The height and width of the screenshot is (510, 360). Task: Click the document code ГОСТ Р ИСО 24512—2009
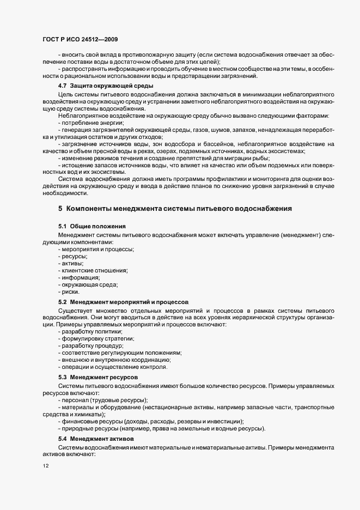tap(80, 39)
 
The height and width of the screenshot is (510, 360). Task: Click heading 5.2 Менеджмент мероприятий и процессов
tap(123, 301)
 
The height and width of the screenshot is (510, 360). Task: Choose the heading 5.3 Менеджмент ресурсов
tap(98, 377)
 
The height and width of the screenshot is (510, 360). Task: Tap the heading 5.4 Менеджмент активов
tap(96, 439)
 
